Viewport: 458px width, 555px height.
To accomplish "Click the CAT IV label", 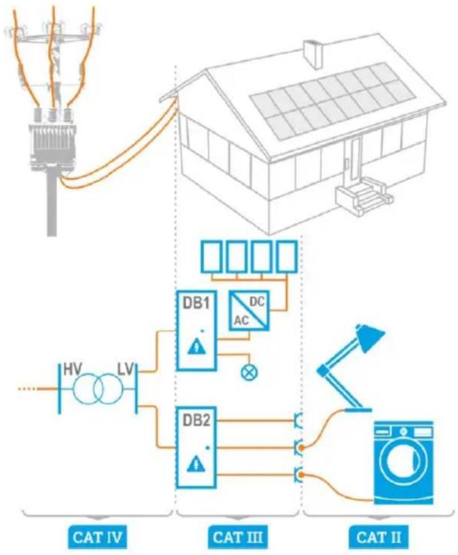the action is [x=97, y=537].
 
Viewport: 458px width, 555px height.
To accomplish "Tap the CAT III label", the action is [x=238, y=537].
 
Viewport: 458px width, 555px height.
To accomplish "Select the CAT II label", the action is [x=379, y=537].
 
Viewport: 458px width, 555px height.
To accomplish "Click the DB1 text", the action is [x=196, y=303].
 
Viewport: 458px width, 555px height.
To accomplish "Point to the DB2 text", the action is [x=196, y=420].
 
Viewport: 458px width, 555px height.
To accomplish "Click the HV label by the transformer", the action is [x=73, y=369].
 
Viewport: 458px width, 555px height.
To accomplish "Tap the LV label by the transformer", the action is [x=126, y=369].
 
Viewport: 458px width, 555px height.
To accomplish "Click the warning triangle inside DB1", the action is [x=197, y=346].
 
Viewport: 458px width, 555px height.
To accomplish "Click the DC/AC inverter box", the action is [x=249, y=310].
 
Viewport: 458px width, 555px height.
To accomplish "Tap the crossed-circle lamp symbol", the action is [x=249, y=372].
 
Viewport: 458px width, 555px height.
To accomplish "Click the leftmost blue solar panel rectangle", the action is [x=212, y=256].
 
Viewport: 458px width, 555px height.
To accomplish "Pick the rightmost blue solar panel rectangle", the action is [x=286, y=256].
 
